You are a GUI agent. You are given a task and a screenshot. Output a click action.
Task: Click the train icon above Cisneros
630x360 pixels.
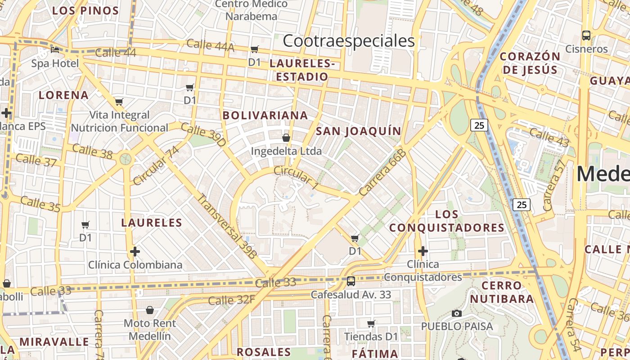586,35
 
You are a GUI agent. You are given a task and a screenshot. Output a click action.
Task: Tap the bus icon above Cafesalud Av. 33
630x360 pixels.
351,281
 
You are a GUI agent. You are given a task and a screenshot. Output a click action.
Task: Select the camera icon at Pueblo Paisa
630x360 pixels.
457,313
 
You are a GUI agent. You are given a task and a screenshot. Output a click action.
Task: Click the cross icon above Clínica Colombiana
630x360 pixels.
135,252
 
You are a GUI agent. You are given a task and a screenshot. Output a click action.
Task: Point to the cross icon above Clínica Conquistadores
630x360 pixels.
423,251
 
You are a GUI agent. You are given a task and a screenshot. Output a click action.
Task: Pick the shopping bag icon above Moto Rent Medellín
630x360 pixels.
150,310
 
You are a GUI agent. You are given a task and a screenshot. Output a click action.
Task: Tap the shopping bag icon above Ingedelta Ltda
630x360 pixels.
286,137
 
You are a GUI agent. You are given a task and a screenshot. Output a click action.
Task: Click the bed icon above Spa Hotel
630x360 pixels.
55,49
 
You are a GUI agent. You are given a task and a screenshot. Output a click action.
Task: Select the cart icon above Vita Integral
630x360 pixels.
119,102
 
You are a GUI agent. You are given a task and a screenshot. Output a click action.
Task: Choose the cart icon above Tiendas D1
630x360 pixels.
371,324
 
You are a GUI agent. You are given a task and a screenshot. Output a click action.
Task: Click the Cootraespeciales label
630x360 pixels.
349,41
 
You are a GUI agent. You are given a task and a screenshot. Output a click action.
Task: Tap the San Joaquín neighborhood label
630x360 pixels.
358,131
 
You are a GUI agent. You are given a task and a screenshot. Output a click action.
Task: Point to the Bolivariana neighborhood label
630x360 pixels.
265,115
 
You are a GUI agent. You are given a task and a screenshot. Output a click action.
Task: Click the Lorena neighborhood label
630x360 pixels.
63,95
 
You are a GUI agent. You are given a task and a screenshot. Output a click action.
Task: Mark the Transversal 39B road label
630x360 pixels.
227,226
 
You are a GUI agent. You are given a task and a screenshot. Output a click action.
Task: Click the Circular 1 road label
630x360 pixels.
296,176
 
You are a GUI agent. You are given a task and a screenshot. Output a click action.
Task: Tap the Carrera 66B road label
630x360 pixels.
382,172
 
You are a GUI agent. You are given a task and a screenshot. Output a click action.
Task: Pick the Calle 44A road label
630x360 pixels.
210,45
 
